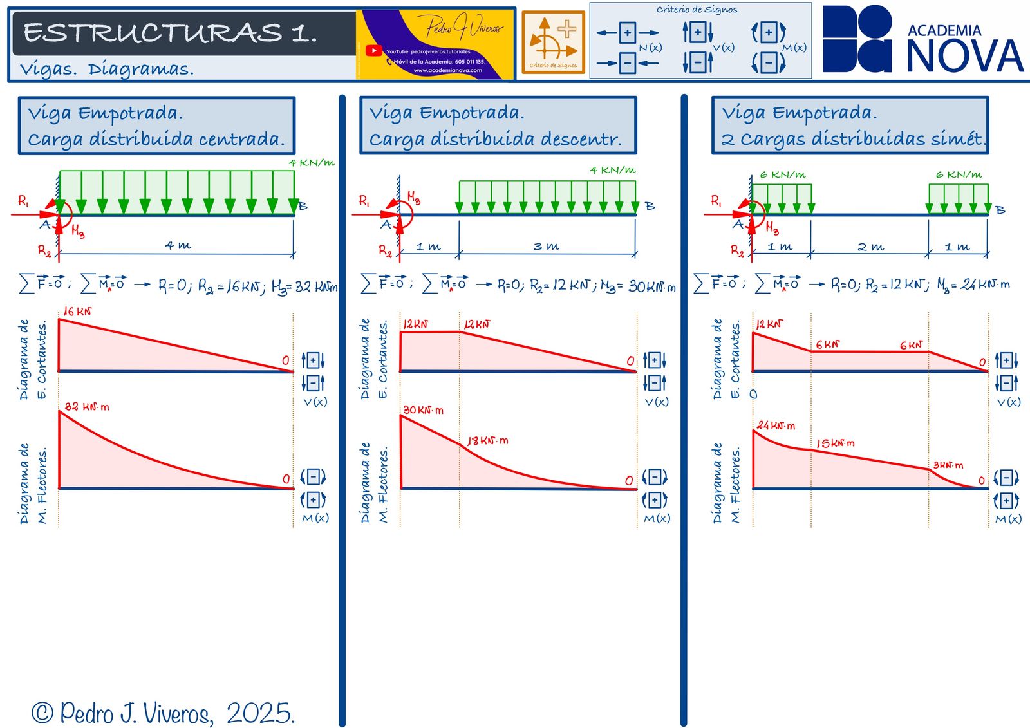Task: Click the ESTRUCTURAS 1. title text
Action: (x=170, y=32)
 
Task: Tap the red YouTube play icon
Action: (x=373, y=50)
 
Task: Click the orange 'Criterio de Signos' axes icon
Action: (x=553, y=42)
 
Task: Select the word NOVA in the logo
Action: (x=964, y=56)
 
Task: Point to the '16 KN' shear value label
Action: (x=77, y=312)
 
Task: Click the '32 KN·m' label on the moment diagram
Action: (x=87, y=407)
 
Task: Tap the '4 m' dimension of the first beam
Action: (x=178, y=245)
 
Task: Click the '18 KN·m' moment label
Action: (x=487, y=441)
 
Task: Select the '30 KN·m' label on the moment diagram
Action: (x=423, y=410)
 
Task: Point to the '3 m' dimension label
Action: (x=546, y=246)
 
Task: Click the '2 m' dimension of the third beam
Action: (x=870, y=247)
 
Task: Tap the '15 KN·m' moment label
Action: (x=835, y=443)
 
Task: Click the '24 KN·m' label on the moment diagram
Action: (x=776, y=425)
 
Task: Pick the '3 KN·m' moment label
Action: (x=948, y=465)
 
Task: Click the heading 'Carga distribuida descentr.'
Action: (x=495, y=140)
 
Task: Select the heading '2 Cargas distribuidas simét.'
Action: (x=853, y=139)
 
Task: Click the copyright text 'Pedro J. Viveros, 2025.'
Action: (x=164, y=713)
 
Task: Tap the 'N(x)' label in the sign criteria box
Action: (x=650, y=48)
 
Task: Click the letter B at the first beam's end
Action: (x=303, y=207)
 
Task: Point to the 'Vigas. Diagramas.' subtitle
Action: (x=106, y=69)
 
